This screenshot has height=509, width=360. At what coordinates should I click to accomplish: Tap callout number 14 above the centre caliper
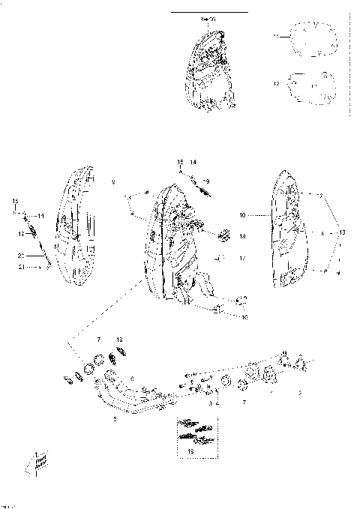[193, 162]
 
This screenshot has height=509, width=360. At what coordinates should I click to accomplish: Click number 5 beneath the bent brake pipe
[115, 420]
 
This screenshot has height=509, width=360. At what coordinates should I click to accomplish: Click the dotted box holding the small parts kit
[198, 435]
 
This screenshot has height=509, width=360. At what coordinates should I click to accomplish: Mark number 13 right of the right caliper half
[343, 233]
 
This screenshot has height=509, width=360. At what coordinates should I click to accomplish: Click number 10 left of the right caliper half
[242, 215]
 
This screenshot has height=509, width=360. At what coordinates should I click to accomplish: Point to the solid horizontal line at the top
[209, 13]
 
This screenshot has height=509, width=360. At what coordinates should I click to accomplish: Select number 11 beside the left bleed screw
[41, 216]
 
